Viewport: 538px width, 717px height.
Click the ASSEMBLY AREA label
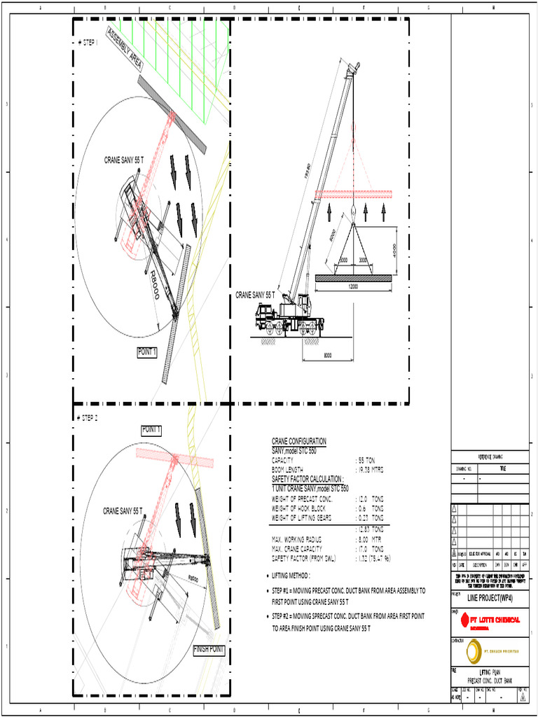click(125, 49)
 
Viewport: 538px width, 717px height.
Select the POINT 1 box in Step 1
click(147, 352)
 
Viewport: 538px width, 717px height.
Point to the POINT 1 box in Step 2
click(151, 429)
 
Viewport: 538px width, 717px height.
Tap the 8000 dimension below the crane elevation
click(327, 355)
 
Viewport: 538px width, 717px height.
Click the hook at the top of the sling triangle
click(353, 211)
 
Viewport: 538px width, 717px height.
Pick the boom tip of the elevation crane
click(355, 67)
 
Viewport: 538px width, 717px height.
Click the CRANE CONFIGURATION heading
click(298, 441)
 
